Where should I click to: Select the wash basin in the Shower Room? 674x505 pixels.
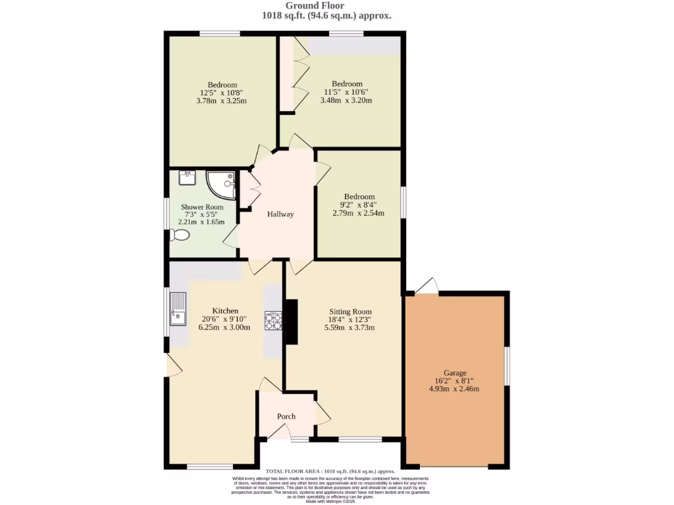pyautogui.click(x=187, y=178)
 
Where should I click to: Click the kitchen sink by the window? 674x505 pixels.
pyautogui.click(x=178, y=309)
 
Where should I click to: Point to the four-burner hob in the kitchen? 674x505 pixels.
pyautogui.click(x=273, y=320)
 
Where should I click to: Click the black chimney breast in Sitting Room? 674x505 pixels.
pyautogui.click(x=290, y=321)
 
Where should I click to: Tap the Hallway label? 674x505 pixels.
pyautogui.click(x=280, y=214)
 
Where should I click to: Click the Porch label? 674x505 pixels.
pyautogui.click(x=286, y=416)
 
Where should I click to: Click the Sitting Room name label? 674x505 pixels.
pyautogui.click(x=350, y=312)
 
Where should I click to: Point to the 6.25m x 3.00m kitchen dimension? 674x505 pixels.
pyautogui.click(x=224, y=327)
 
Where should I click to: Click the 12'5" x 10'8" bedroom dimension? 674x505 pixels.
pyautogui.click(x=222, y=93)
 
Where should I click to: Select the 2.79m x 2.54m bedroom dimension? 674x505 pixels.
pyautogui.click(x=359, y=212)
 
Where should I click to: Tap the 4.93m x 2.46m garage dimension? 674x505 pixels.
pyautogui.click(x=454, y=389)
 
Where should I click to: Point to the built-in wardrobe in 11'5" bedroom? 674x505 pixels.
pyautogui.click(x=287, y=74)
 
